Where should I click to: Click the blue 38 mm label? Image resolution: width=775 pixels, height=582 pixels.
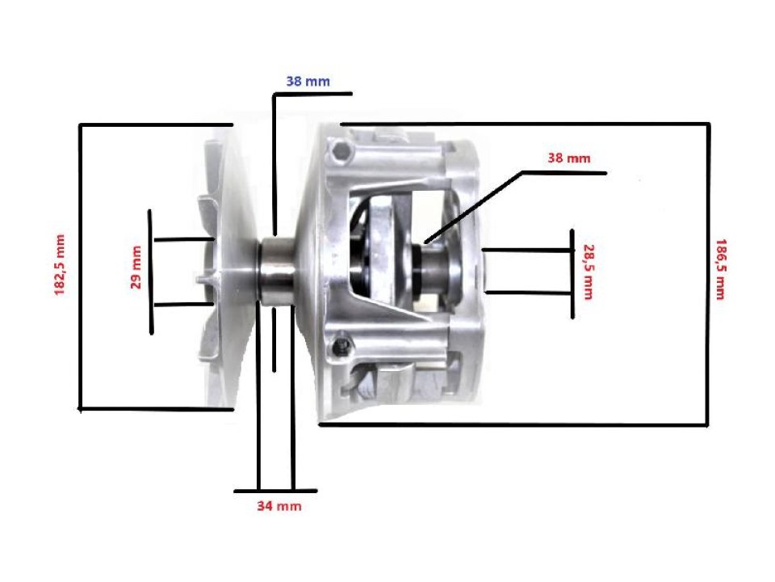(308, 81)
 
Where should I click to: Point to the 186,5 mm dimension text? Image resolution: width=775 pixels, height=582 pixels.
(718, 269)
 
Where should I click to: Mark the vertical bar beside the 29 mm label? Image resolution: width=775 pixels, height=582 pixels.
(151, 272)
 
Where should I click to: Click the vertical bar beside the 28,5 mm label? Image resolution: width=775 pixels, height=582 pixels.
(572, 273)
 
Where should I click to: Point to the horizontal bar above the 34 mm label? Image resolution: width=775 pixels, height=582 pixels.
(275, 491)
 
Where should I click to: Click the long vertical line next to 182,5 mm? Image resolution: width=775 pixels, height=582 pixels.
(79, 267)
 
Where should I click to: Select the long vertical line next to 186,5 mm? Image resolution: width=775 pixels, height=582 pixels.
(708, 275)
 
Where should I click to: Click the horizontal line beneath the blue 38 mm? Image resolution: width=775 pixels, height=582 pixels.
(312, 94)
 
